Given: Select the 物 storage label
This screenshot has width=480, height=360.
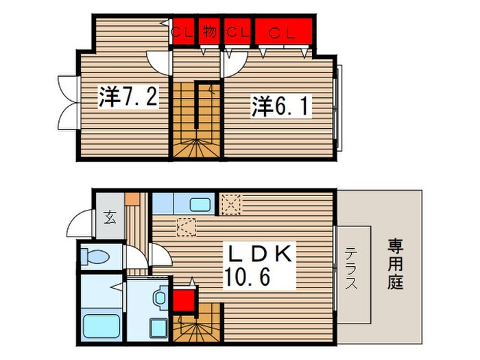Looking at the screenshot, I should tap(210, 31).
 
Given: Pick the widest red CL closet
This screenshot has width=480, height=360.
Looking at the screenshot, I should tap(284, 32).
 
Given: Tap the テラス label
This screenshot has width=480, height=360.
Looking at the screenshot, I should tap(351, 268).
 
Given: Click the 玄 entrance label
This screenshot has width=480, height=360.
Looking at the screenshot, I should tap(110, 219).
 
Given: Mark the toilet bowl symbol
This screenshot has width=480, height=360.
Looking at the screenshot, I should tap(95, 257).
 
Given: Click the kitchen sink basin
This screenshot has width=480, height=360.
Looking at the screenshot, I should tap(200, 204).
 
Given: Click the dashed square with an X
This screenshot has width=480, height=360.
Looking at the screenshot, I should tap(230, 203).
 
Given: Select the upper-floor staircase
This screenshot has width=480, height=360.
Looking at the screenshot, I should tap(196, 120).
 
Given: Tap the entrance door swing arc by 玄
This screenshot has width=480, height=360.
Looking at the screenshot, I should tap(78, 226).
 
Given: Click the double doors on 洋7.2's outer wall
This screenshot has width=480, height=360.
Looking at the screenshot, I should tap(68, 103).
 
